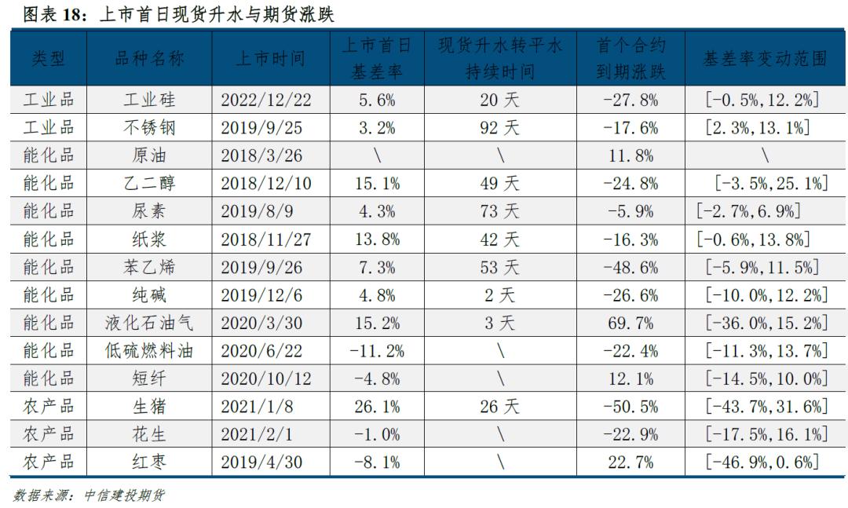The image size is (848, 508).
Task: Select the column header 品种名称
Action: pos(149,59)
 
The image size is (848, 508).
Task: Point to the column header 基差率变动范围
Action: pos(766,59)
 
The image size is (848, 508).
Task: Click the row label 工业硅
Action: pos(149,100)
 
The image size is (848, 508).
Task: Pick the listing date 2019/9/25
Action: pos(266,128)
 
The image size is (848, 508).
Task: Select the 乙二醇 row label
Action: pos(149,184)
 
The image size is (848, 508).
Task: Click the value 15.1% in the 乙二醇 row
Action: pos(377,184)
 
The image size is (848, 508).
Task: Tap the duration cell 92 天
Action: pos(500,128)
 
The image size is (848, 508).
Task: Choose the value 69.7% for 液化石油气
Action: pos(631,323)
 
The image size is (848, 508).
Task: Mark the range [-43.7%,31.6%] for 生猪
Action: pos(766,407)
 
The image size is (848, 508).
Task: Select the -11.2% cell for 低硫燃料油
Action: pos(377,351)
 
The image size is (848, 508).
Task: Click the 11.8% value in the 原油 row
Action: pos(631,155)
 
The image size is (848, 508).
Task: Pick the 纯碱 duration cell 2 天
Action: pos(500,295)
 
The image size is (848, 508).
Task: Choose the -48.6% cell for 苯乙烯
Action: pos(631,267)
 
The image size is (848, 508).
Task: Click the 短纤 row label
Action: pos(149,378)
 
